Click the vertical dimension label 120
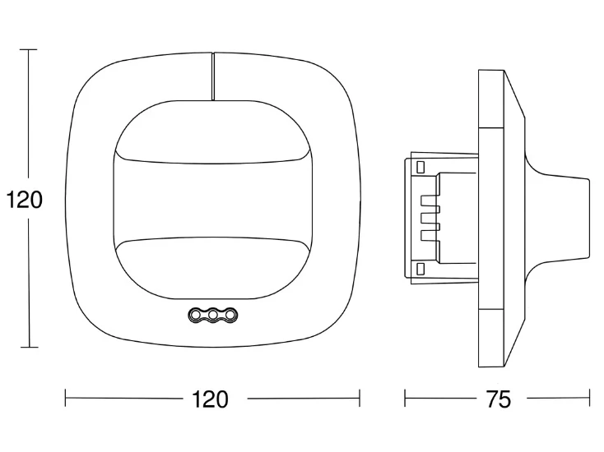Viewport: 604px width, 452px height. [24, 201]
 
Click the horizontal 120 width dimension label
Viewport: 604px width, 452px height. [210, 399]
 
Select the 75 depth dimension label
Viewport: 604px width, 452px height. [499, 399]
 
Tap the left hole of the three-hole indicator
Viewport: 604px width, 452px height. [195, 315]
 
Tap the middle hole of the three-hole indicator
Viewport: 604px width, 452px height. [212, 315]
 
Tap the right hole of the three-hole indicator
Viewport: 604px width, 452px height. [230, 315]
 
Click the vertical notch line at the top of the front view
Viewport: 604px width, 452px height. [212, 76]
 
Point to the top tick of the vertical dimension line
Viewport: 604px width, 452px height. [29, 49]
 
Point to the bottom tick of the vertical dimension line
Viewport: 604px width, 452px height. [30, 347]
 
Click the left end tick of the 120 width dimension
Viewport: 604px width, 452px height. [66, 398]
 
